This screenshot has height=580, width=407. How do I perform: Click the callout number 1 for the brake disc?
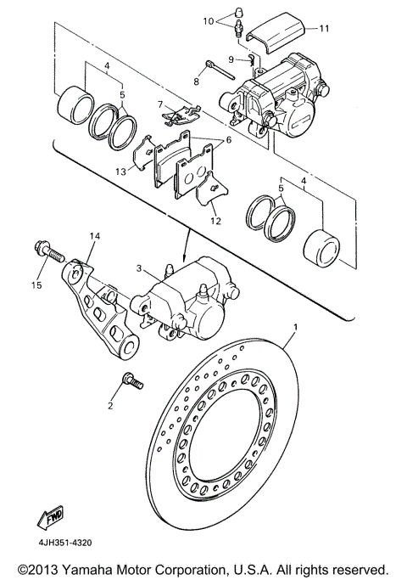[x=295, y=327]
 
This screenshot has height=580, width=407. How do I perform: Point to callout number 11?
[x=323, y=28]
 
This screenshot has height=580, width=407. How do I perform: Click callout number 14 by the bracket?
[x=93, y=235]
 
